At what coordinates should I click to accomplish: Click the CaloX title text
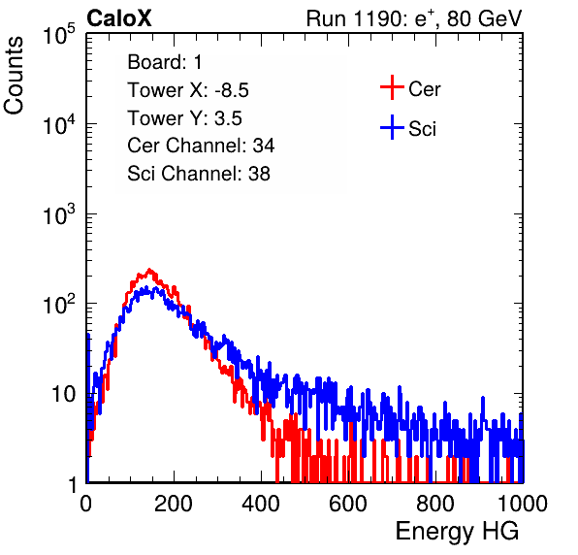click(118, 18)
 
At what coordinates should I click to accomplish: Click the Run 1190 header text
click(414, 18)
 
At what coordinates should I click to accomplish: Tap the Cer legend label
click(424, 89)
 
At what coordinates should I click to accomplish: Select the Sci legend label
click(422, 129)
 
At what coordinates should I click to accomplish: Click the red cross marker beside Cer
click(392, 87)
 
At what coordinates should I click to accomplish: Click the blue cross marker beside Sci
click(392, 127)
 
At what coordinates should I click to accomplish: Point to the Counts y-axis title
click(14, 76)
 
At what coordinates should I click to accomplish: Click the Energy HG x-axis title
click(457, 532)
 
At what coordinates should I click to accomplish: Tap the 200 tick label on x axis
click(174, 504)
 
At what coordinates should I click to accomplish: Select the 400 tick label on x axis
click(261, 504)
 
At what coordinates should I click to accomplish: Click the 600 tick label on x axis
click(348, 504)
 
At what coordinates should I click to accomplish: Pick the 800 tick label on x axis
click(435, 504)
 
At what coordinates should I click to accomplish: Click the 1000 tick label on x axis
click(523, 504)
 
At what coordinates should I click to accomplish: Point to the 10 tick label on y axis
click(63, 394)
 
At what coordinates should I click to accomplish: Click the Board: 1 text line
click(165, 61)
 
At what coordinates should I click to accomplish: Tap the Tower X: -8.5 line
click(188, 90)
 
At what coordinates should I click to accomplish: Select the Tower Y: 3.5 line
click(184, 118)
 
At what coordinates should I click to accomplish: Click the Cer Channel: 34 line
click(201, 146)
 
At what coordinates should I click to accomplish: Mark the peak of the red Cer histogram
click(149, 270)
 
